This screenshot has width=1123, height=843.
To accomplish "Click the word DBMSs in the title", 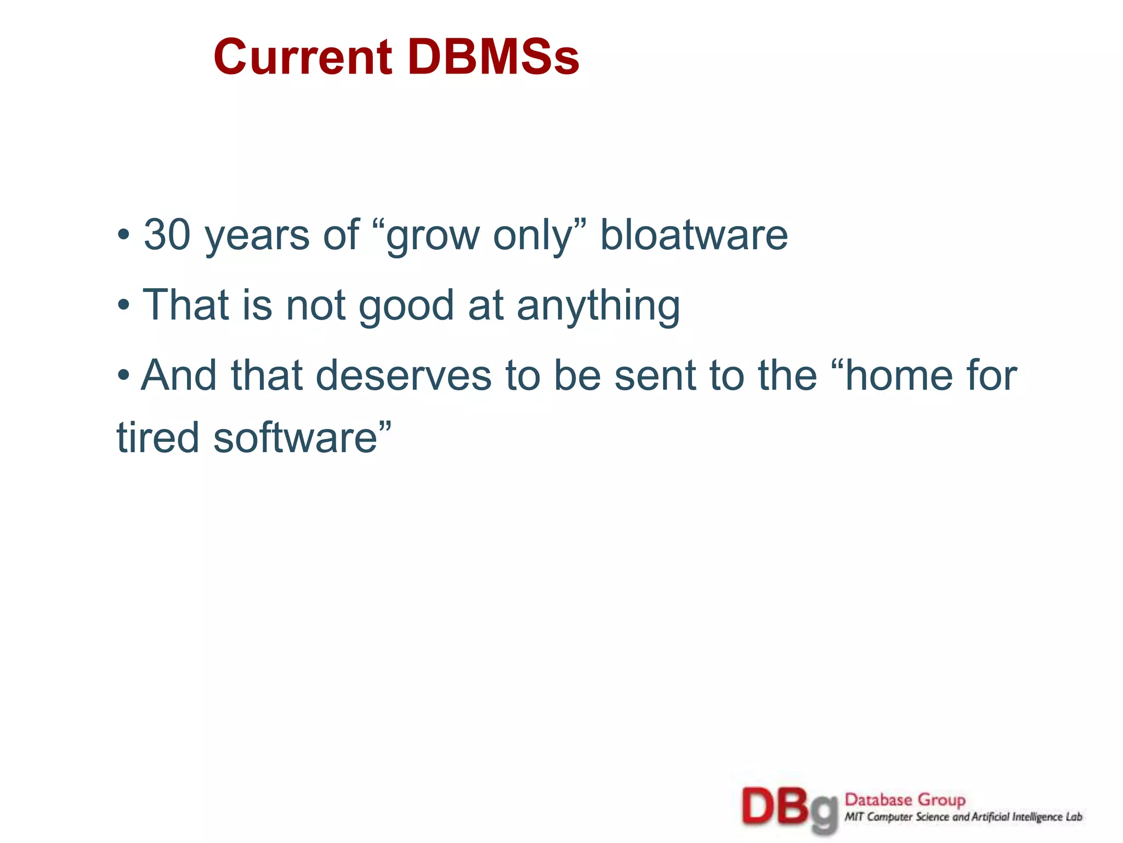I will [494, 57].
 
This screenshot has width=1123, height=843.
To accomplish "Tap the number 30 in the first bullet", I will [167, 235].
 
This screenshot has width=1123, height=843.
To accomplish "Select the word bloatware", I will [694, 235].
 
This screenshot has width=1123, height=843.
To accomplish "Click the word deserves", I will [404, 375].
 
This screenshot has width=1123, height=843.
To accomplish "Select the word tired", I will [157, 438].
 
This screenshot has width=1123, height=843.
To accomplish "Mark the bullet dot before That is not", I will [124, 306].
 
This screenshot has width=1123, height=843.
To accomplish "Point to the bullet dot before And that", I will [124, 376].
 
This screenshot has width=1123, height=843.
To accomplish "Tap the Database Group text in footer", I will [905, 800].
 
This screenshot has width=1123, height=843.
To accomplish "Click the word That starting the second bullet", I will [185, 305].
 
